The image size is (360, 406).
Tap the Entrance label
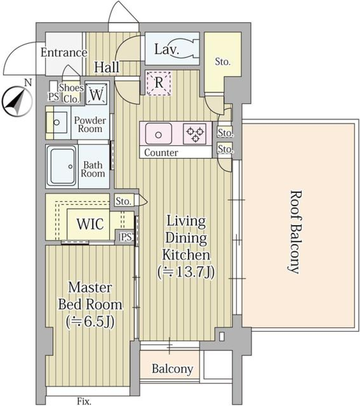tap(63, 52)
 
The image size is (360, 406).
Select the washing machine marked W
tap(96, 94)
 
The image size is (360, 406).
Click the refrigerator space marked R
tap(159, 83)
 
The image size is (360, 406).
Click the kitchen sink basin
tap(159, 134)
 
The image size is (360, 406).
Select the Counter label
tap(161, 153)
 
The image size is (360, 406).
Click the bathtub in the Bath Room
tap(61, 166)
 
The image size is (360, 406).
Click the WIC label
tap(90, 224)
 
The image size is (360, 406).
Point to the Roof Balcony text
tap(295, 232)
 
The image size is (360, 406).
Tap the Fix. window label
tap(84, 402)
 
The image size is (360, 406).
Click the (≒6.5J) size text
tap(90, 321)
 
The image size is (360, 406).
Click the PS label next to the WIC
tap(125, 237)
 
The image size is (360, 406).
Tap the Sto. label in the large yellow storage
tap(223, 62)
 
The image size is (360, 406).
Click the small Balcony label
tap(172, 369)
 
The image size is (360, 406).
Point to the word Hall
tap(107, 67)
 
